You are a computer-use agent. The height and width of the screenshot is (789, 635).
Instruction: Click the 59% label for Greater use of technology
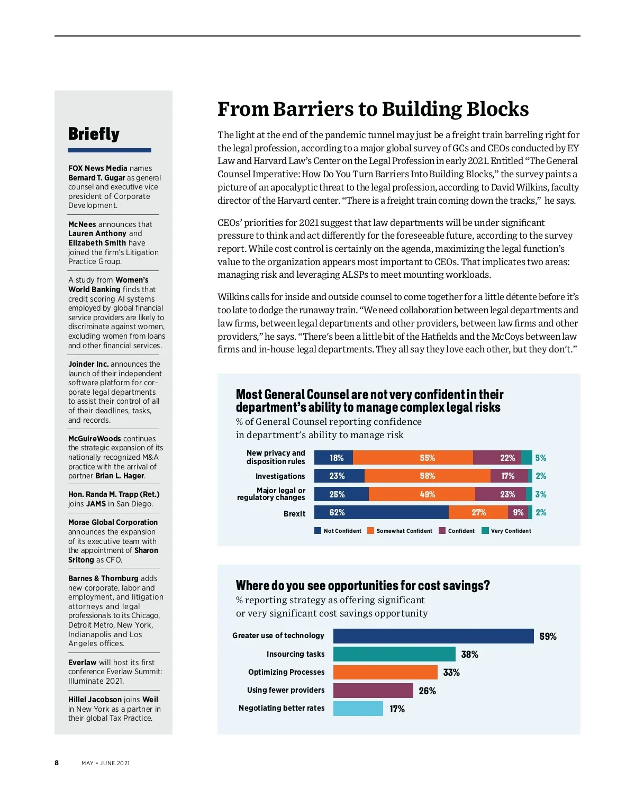pos(548,637)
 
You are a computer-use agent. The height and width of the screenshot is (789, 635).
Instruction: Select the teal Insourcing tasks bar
pos(394,654)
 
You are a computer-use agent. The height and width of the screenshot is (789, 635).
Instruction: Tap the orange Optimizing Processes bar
pos(385,672)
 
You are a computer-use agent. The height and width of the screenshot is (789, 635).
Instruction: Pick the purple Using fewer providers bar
pos(373,690)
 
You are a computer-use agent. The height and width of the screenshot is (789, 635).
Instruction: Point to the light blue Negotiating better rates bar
pos(358,708)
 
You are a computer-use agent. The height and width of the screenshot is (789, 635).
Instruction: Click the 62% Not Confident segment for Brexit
pos(381,512)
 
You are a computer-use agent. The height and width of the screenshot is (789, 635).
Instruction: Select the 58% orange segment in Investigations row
pos(428,476)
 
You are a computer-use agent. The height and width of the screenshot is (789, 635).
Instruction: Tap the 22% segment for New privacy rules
pos(497,458)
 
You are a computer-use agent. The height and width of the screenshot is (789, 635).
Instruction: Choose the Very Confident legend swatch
pos(485,531)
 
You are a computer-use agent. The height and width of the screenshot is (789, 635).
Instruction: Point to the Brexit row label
pos(294,514)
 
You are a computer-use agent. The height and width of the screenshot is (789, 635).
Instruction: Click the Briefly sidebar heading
pos(94,134)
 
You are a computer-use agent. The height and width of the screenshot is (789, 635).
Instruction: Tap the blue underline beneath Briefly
pos(110,150)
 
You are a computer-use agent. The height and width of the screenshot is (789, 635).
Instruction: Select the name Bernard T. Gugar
pos(96,178)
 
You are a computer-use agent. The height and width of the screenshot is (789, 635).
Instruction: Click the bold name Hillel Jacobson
pos(95,700)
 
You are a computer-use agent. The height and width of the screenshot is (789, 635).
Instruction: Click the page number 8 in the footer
pos(57,763)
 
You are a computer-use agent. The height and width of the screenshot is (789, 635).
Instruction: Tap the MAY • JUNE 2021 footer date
pos(105,763)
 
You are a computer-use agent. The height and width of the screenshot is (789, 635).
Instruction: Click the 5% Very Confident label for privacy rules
pos(540,458)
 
